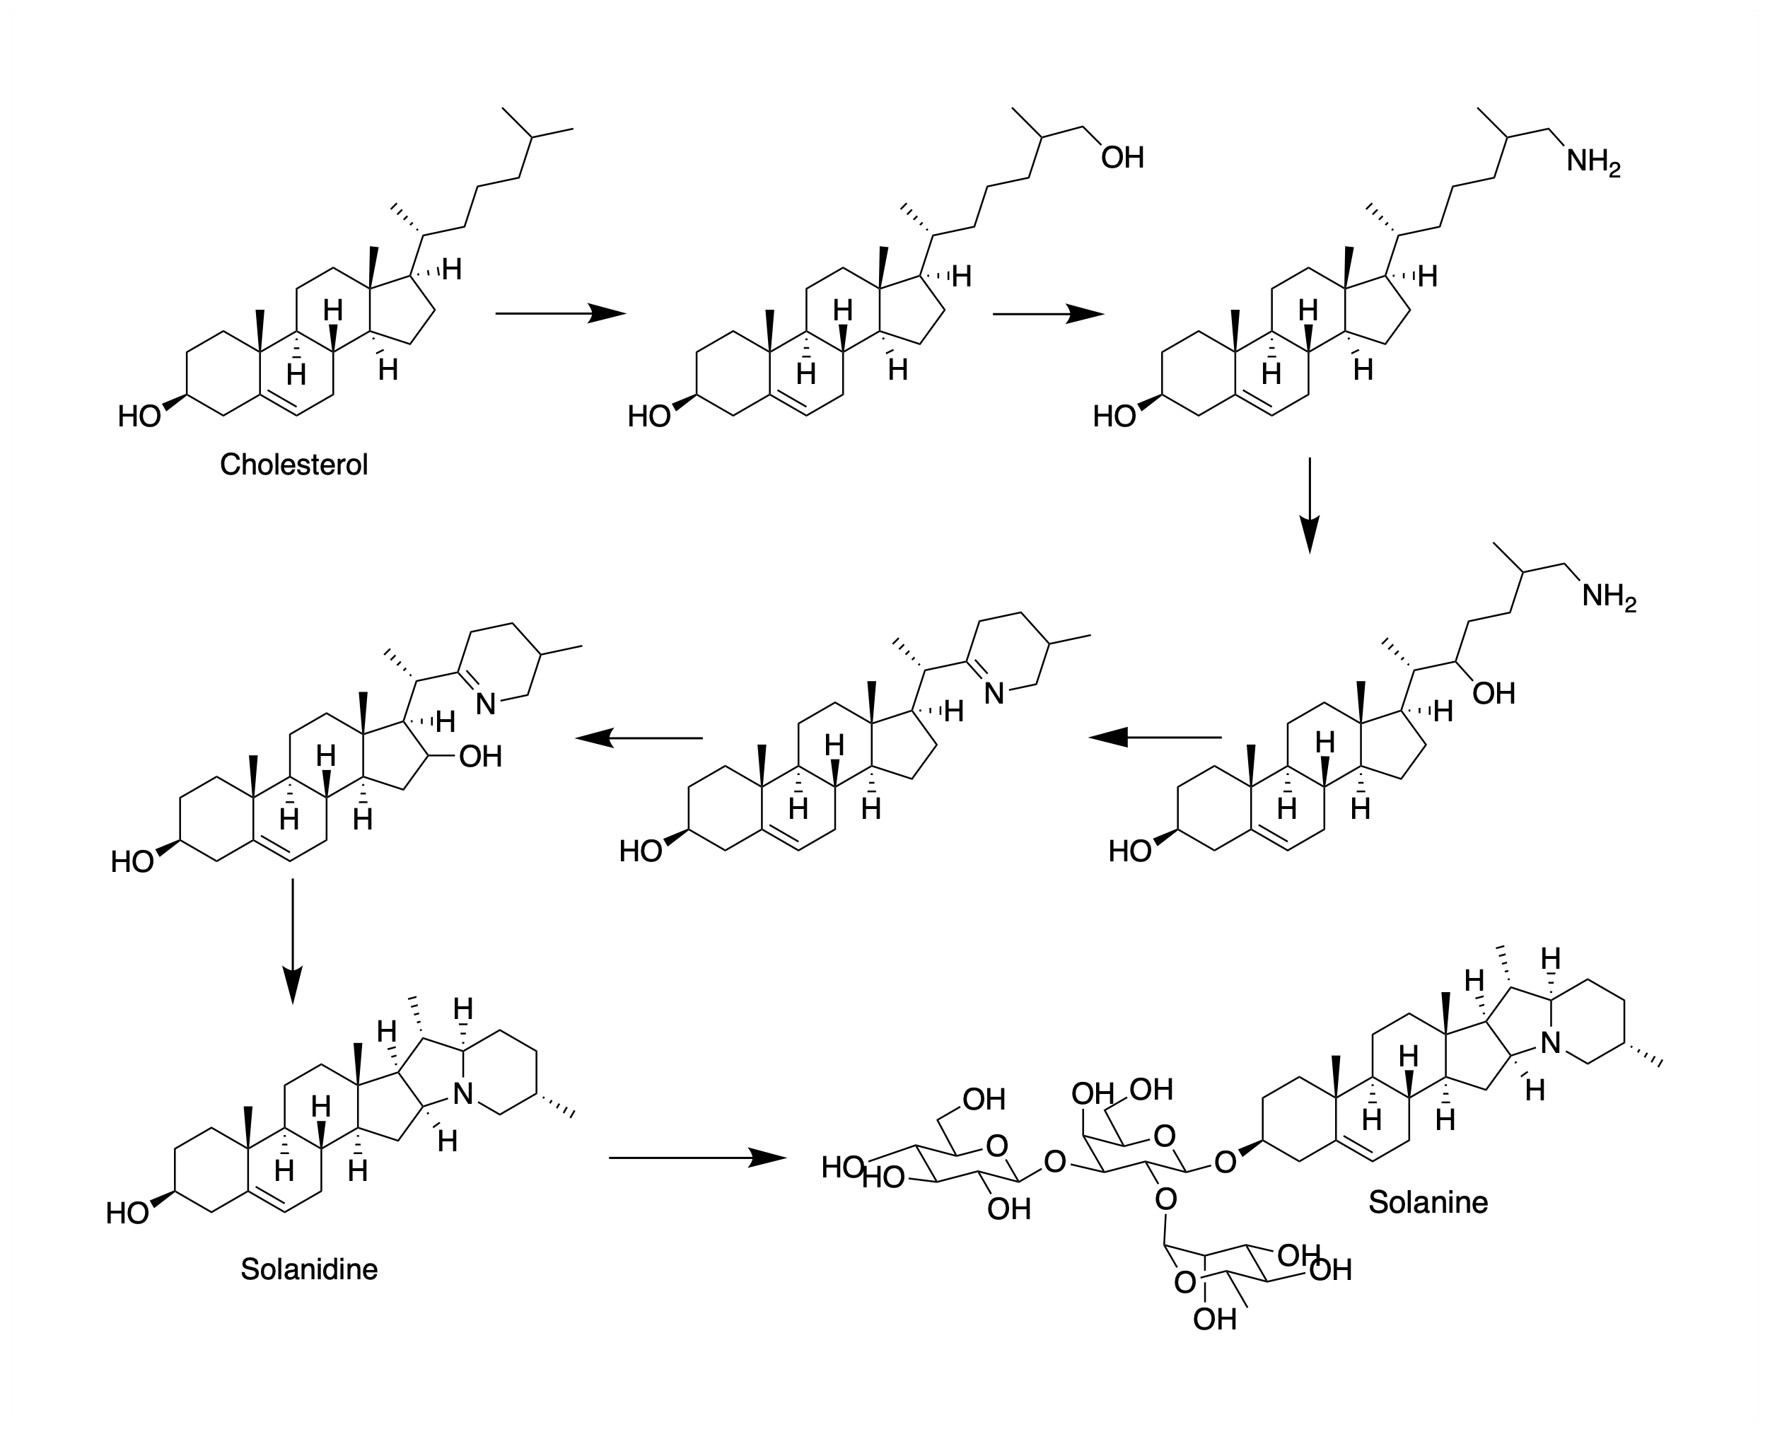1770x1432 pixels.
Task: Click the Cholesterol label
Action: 293,465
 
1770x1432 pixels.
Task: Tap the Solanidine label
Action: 309,1269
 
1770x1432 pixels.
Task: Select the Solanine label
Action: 1428,1202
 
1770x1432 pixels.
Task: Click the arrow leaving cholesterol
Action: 561,313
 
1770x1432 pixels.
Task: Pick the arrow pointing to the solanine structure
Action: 697,1158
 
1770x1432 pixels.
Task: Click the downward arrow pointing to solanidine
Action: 292,941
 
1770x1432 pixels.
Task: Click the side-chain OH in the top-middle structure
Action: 1122,157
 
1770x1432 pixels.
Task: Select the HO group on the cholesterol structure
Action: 139,417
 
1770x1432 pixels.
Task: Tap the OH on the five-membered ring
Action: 481,757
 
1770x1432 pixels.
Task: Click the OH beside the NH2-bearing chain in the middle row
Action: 1494,694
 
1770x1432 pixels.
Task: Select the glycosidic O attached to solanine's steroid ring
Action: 1225,1163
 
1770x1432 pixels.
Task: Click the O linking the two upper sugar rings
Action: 1054,1163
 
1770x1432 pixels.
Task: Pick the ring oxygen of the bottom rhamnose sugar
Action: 1185,1283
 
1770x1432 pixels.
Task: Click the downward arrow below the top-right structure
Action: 1309,505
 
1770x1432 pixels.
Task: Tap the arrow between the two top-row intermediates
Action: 1048,314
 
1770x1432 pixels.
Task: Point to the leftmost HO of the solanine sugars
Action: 842,1168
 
